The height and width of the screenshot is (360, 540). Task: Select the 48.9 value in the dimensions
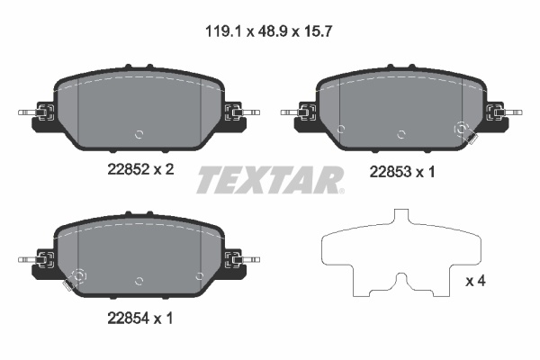(x=270, y=30)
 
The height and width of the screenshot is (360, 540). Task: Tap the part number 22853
(x=389, y=172)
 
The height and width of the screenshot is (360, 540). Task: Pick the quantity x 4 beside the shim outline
(x=476, y=282)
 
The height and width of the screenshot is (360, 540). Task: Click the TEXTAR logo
(x=270, y=179)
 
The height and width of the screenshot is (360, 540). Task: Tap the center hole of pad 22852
(x=139, y=134)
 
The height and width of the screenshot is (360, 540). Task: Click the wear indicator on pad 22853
(x=463, y=132)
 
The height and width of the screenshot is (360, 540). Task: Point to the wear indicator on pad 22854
(x=75, y=280)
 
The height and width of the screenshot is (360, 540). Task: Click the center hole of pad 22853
(x=400, y=134)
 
